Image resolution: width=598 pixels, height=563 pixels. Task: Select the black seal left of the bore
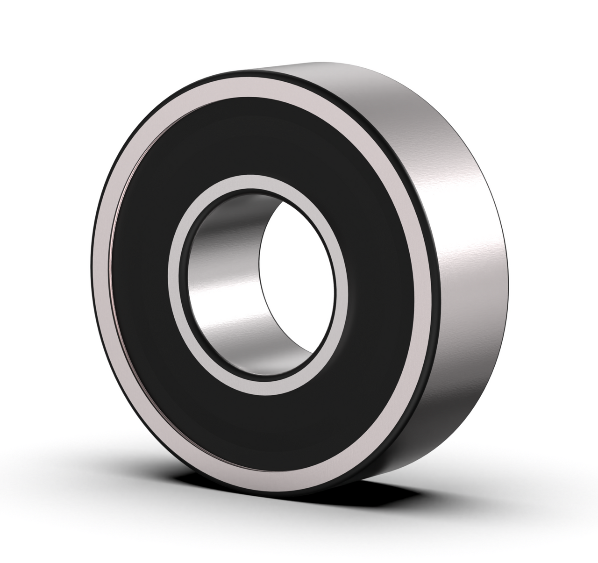coord(140,280)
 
